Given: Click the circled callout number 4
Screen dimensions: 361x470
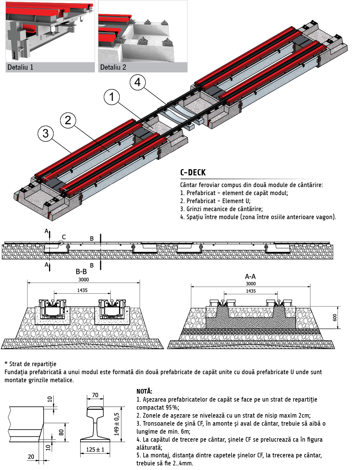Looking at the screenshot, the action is click(x=137, y=82).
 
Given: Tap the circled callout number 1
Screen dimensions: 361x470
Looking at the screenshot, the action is click(x=112, y=97).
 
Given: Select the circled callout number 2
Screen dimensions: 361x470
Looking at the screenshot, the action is click(x=68, y=120).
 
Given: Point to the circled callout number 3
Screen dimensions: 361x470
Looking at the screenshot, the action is click(x=46, y=133).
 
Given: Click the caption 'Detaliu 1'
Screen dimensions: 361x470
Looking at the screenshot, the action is click(x=20, y=67).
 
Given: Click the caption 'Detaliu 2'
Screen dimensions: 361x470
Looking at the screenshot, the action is click(x=113, y=67).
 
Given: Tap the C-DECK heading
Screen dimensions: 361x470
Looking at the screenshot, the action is click(x=193, y=172).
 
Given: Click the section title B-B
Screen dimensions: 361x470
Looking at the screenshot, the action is click(x=81, y=272).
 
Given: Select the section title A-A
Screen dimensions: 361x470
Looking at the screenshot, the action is click(x=250, y=276).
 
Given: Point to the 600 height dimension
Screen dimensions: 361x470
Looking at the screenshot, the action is click(x=335, y=317).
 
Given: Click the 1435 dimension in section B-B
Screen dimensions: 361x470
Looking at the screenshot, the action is click(x=82, y=290).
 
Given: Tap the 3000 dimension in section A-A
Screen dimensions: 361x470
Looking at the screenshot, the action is click(x=251, y=284).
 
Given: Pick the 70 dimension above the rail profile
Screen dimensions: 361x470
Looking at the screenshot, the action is click(x=95, y=395).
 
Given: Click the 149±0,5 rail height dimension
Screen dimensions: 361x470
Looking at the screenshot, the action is click(x=117, y=424).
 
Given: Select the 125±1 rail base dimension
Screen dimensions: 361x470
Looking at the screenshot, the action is click(x=95, y=450).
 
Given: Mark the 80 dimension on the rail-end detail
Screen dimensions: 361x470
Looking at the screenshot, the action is click(x=61, y=432).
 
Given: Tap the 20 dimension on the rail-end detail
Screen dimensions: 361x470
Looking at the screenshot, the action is click(x=31, y=456).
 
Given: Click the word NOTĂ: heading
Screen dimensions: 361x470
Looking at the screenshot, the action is click(x=144, y=391).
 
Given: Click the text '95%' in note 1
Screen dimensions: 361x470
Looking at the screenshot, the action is click(x=172, y=407).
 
